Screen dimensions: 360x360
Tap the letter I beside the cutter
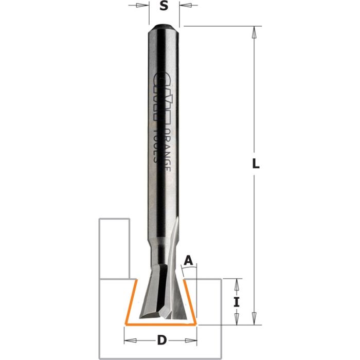tap(237, 302)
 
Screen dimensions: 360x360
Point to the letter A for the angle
tap(189, 261)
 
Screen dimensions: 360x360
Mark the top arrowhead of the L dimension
tap(253, 32)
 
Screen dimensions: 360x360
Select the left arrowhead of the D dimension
tap(129, 340)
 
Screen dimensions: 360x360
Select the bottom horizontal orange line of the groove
tap(161, 325)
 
